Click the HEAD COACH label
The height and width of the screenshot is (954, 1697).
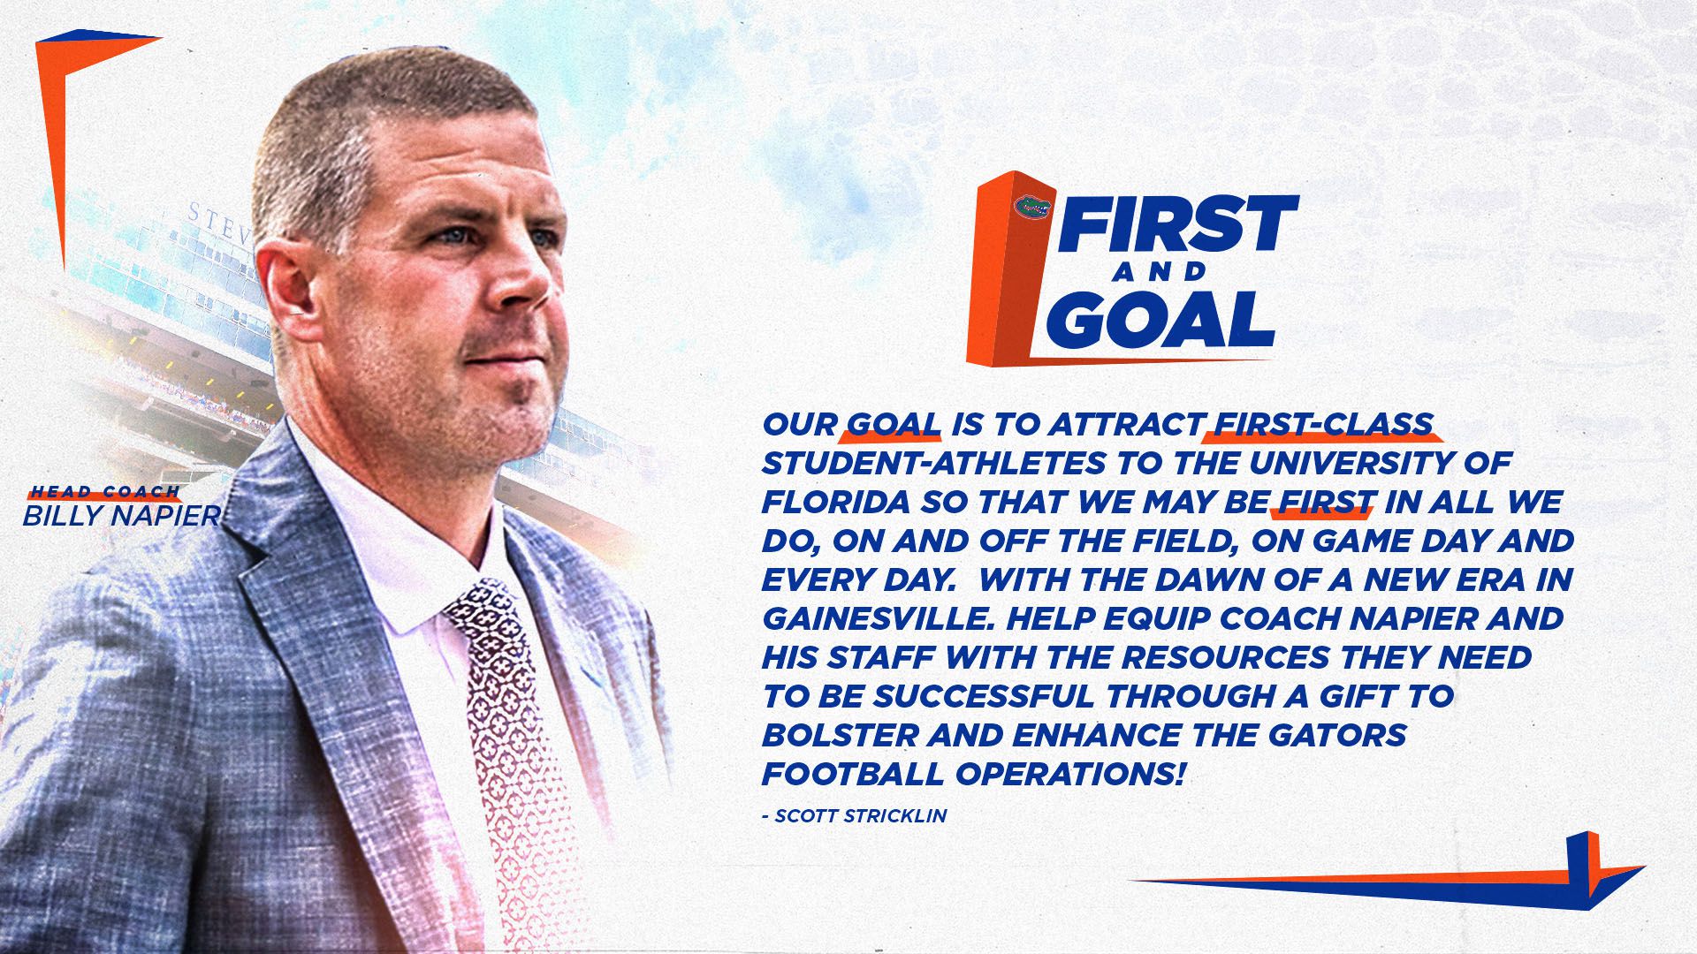pyautogui.click(x=105, y=492)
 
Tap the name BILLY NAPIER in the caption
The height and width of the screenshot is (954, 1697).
pyautogui.click(x=121, y=516)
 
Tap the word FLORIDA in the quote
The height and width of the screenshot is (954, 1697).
pyautogui.click(x=836, y=503)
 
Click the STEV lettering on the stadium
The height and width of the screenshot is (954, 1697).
pyautogui.click(x=219, y=221)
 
